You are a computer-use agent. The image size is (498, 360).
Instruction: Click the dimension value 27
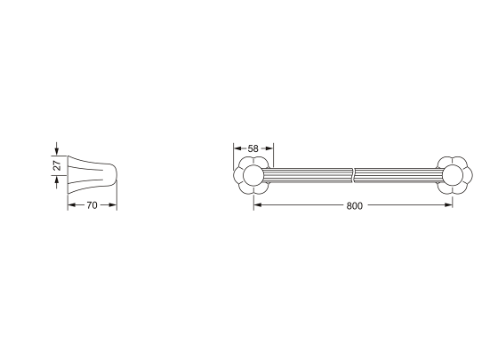tap(57, 165)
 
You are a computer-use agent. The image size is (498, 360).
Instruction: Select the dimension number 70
tap(92, 205)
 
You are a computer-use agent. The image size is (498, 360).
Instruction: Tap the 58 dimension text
tap(253, 148)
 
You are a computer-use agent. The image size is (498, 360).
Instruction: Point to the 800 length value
tap(354, 206)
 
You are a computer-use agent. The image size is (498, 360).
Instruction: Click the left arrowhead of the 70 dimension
tap(72, 205)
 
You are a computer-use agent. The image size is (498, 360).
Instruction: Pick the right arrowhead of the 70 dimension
tap(113, 205)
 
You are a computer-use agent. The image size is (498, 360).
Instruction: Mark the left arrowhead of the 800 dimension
tap(258, 205)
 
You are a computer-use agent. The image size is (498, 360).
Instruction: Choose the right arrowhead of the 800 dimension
tap(448, 205)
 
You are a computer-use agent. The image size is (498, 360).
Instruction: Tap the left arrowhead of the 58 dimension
tap(237, 148)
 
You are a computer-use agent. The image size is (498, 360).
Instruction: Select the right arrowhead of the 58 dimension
tap(269, 148)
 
